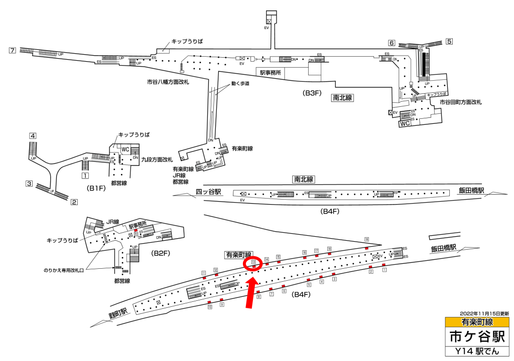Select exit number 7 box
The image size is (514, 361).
coord(13,50)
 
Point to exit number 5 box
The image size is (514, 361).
coord(449,42)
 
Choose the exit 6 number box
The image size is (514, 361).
coord(392,43)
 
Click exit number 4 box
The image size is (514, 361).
coord(33,136)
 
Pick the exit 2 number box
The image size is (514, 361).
coord(74,203)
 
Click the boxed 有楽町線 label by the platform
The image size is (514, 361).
coord(238,255)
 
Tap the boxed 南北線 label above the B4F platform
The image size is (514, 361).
coord(304,179)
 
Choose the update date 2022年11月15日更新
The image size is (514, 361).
coord(484,313)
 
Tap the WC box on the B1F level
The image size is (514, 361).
coord(125,149)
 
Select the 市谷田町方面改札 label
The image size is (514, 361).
coord(460,102)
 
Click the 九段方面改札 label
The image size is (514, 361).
coord(158,160)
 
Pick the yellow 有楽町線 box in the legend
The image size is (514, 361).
coord(477,321)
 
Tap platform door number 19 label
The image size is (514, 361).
coord(367,240)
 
